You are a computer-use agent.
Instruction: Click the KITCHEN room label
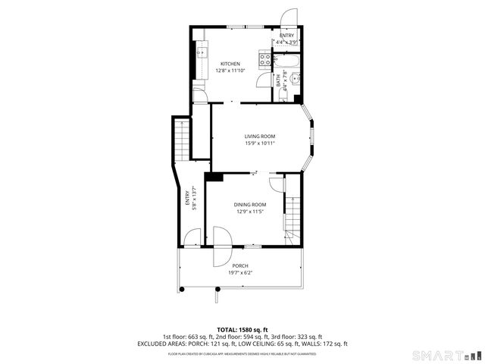(x=230, y=64)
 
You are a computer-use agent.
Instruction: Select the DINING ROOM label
(x=249, y=205)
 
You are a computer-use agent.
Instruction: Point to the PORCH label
(x=240, y=265)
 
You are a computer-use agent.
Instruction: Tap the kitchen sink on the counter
(x=201, y=53)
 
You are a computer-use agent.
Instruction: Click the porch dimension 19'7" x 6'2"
(x=240, y=272)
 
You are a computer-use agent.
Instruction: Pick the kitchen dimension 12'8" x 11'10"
(x=230, y=71)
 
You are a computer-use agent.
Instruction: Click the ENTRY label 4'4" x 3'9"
(x=287, y=39)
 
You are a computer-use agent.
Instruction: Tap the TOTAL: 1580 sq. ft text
(x=242, y=330)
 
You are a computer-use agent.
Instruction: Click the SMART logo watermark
(x=446, y=355)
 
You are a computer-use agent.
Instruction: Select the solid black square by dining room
(x=214, y=177)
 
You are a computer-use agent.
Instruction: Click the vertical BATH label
(x=278, y=78)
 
